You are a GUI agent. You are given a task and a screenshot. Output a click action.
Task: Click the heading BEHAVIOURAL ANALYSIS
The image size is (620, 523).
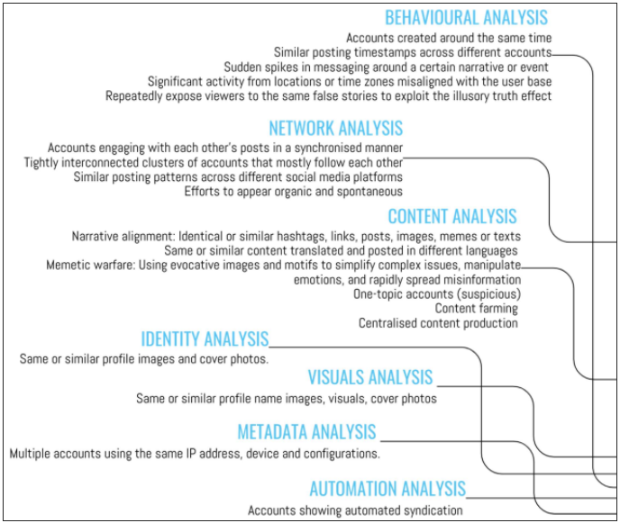[466, 18]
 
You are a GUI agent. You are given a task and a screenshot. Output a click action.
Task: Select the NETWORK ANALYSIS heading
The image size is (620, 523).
[336, 129]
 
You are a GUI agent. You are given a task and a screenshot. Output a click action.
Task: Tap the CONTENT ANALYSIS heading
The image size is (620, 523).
[452, 216]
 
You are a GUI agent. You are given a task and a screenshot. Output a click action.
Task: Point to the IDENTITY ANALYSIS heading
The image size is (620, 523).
[205, 339]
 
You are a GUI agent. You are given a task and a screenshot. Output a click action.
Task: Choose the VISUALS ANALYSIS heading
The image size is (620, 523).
[370, 377]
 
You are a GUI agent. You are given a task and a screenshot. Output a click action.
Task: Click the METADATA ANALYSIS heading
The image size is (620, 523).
[306, 432]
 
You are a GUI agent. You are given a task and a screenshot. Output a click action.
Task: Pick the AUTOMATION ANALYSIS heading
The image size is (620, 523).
[387, 489]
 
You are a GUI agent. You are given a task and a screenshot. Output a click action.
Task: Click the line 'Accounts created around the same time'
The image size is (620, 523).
[449, 38]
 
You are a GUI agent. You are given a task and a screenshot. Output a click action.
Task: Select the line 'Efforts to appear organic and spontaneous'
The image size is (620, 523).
[294, 192]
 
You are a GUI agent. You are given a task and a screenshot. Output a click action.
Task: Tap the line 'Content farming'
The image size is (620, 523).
[477, 308]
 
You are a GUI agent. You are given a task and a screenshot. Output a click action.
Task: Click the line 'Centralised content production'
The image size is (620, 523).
[438, 323]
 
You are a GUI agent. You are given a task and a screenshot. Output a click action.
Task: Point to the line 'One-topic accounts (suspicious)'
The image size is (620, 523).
[437, 293]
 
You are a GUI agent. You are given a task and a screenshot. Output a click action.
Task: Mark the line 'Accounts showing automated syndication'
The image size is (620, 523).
[355, 510]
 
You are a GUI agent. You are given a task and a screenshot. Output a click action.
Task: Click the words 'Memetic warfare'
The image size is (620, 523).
[90, 265]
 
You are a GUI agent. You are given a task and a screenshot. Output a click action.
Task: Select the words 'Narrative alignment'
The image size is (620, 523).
[123, 236]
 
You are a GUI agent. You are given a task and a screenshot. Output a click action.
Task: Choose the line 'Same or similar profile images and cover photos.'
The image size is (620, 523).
[144, 358]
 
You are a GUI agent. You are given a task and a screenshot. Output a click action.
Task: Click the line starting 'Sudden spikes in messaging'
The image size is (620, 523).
[386, 68]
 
